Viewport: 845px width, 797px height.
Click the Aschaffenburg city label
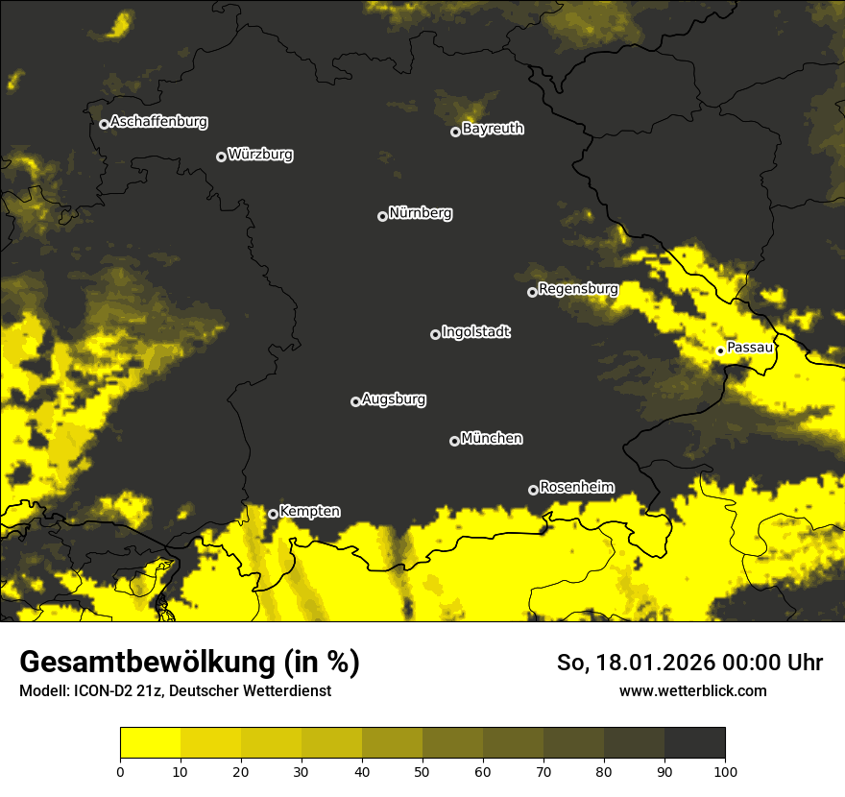click(x=158, y=122)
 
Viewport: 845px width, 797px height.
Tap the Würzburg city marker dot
click(x=221, y=157)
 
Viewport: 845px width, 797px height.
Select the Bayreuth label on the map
click(x=493, y=129)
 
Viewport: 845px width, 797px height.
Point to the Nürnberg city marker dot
click(x=382, y=216)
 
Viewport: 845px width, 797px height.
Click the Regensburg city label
click(x=578, y=289)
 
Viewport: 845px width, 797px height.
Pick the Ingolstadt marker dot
click(x=435, y=334)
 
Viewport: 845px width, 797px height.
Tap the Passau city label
click(x=750, y=348)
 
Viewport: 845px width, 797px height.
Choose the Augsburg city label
click(x=394, y=399)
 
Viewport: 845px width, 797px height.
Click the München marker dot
click(x=454, y=441)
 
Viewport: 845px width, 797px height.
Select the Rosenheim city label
click(x=576, y=488)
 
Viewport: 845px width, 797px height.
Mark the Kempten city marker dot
click(x=273, y=514)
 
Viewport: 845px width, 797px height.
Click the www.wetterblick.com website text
click(x=692, y=690)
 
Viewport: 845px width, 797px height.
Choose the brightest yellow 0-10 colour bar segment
click(x=150, y=743)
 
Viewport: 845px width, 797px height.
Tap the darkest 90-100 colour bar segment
click(x=694, y=743)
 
